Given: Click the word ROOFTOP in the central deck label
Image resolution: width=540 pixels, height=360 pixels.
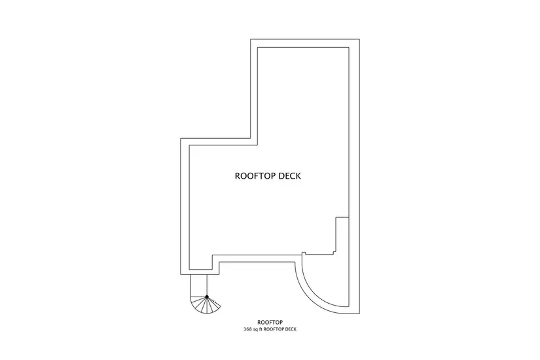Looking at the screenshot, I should click(x=255, y=176).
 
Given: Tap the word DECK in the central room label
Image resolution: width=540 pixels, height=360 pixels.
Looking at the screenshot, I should click(x=289, y=176).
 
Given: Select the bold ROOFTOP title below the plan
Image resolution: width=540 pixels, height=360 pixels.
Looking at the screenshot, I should click(x=270, y=322).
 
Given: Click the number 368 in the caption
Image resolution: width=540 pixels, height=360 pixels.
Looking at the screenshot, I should click(x=247, y=329).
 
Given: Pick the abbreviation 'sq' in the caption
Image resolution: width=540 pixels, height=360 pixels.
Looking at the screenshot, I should click(x=257, y=329).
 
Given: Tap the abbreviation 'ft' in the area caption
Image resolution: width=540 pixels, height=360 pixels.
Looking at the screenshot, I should click(x=263, y=329).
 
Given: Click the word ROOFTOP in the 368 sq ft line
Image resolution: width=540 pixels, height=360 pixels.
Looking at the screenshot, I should click(x=278, y=329).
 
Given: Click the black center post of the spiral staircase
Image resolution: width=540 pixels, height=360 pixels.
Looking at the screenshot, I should click(x=207, y=297).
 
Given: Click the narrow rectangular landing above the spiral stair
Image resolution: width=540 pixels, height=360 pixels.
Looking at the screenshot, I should click(x=198, y=285).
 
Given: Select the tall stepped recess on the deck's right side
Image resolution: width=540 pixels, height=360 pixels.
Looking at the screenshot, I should click(x=340, y=236).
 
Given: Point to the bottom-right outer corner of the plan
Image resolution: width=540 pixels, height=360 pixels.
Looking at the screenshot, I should click(x=361, y=314).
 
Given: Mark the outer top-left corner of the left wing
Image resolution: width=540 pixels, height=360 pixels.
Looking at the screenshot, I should click(x=181, y=139).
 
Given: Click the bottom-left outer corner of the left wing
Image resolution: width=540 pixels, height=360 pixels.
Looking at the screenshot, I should click(x=181, y=276).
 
